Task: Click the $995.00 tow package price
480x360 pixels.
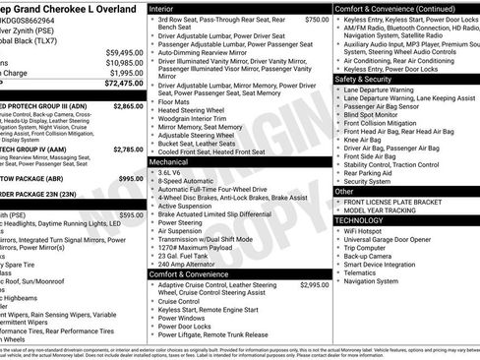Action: point(130,178)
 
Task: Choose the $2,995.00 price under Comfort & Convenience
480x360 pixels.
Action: point(314,284)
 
